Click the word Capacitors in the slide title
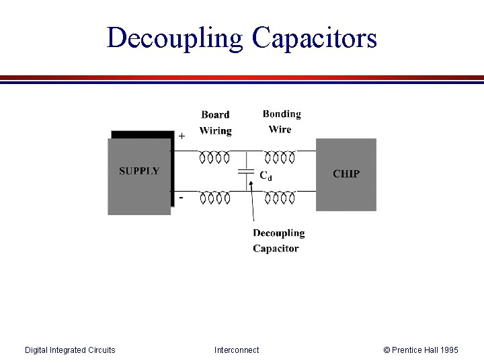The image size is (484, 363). tap(315, 38)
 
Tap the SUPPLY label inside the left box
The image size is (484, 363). tap(139, 171)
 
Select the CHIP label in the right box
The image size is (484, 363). tap(346, 173)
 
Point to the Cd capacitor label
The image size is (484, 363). tap(266, 175)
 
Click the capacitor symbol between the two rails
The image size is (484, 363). tap(246, 173)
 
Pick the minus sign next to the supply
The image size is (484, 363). tap(181, 198)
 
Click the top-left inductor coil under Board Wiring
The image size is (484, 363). tap(214, 158)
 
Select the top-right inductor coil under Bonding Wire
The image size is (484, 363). tap(279, 158)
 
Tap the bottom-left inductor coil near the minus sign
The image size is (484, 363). tap(214, 198)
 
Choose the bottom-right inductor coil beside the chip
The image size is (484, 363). tap(279, 198)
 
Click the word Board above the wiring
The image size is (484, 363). tap(215, 115)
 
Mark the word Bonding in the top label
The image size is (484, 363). tap(282, 114)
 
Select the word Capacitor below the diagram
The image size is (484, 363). tap(276, 249)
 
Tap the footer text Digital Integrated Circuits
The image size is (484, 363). tap(70, 350)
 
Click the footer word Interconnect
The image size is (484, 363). tap(237, 350)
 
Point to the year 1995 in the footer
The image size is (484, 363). tap(448, 350)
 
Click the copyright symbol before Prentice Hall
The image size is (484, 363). tap(387, 350)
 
